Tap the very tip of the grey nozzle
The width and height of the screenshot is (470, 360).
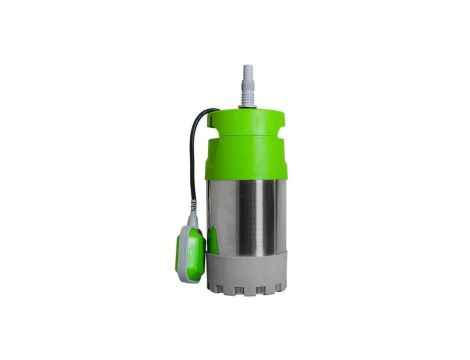[246, 66]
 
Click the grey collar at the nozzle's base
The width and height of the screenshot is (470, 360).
[246, 100]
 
